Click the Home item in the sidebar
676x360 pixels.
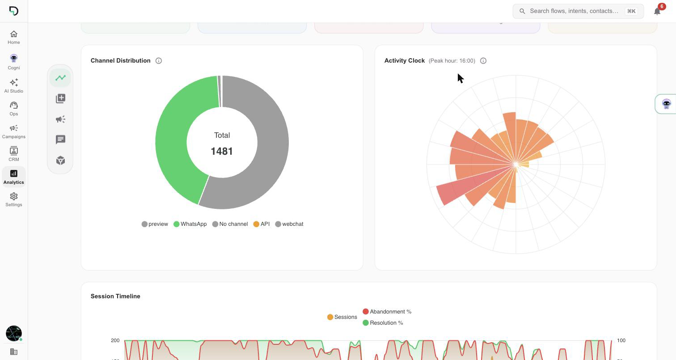click(x=13, y=38)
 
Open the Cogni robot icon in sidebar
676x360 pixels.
click(x=13, y=58)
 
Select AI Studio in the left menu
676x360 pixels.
click(x=13, y=86)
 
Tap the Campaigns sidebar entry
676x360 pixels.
click(x=13, y=131)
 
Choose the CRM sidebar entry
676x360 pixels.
click(x=13, y=154)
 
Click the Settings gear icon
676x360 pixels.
click(x=13, y=196)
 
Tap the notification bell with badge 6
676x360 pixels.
click(x=657, y=11)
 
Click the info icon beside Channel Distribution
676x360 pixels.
click(x=158, y=61)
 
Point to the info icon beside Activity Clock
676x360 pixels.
click(x=483, y=61)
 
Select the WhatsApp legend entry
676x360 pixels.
click(x=190, y=224)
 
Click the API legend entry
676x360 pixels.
click(x=262, y=224)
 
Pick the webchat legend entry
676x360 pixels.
click(x=289, y=224)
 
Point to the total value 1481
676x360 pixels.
click(x=222, y=151)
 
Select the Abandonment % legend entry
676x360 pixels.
click(x=387, y=311)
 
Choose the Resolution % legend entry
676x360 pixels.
click(x=383, y=322)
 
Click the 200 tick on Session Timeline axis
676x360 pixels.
click(x=115, y=340)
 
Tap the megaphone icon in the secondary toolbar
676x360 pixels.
click(x=60, y=119)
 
